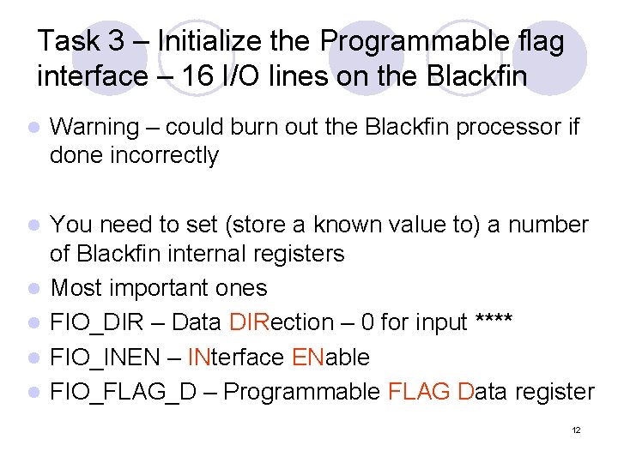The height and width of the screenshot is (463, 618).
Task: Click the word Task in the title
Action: tap(70, 41)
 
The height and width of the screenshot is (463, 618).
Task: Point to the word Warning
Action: tap(94, 128)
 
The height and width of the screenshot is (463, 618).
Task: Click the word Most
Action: tap(74, 288)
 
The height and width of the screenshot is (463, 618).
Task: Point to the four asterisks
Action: tap(494, 322)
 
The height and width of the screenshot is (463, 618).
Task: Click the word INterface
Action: tap(235, 358)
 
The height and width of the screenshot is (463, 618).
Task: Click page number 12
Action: tap(576, 430)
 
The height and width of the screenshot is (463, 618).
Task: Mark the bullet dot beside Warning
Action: tap(33, 129)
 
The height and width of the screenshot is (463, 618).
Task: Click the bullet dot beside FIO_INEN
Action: tap(33, 358)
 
